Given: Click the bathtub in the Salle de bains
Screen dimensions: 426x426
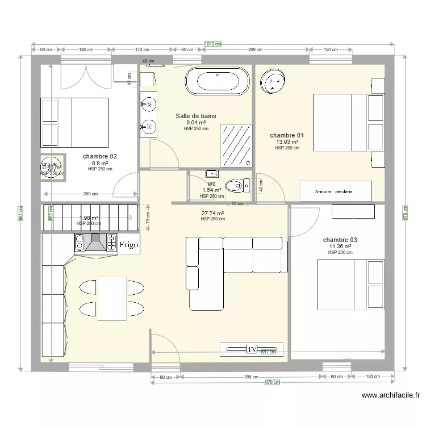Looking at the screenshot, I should coord(218,82).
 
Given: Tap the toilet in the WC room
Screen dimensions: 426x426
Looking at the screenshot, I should coord(235,185).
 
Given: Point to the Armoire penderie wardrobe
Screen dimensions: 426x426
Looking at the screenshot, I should coord(336,191).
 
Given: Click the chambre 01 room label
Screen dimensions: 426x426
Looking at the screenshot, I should coord(287,135).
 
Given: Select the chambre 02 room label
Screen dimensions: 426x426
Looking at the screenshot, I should coord(100,156).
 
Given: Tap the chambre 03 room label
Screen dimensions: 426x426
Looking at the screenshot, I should coord(340,240).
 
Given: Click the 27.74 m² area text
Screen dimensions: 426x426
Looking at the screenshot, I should coord(212,214).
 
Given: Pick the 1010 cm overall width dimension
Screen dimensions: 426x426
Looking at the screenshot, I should coord(212,44).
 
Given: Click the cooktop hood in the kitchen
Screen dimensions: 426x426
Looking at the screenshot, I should coord(95,243).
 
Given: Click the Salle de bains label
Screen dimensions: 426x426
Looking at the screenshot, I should coord(196,116).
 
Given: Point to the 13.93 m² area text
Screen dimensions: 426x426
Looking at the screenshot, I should coord(287,142).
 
